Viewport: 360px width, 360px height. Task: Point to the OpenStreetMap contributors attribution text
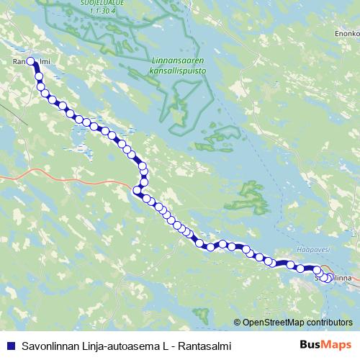[297, 323]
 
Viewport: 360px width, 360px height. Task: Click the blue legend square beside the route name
[9, 346]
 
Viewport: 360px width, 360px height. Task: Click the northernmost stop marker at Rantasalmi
[31, 62]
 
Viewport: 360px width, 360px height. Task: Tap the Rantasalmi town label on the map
[30, 62]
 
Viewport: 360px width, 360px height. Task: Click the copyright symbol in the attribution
[238, 323]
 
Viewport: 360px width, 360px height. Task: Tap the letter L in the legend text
[168, 346]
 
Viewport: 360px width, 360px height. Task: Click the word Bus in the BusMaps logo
[311, 345]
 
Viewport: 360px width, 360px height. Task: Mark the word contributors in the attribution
[328, 323]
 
